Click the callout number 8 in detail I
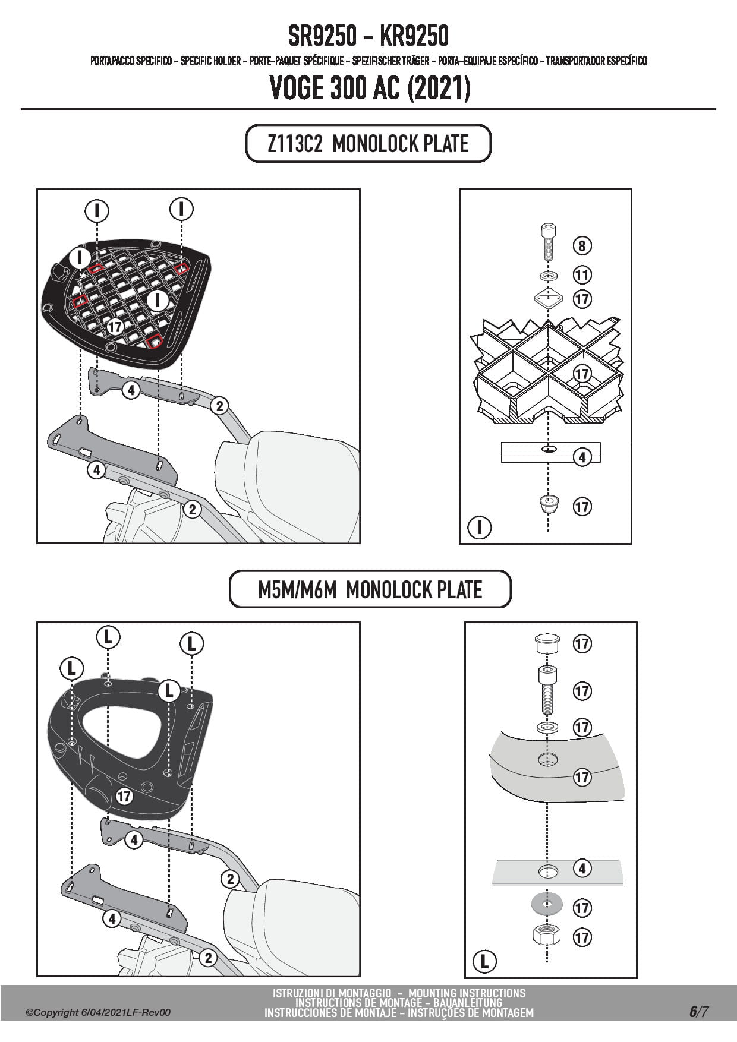click(x=582, y=245)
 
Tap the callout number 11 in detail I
click(x=582, y=274)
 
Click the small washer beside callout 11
click(x=548, y=276)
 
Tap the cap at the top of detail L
click(x=547, y=643)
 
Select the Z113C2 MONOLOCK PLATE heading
click(x=368, y=144)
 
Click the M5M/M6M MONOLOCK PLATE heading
click(x=370, y=590)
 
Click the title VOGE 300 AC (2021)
click(x=370, y=89)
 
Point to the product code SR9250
click(x=323, y=37)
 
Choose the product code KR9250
click(x=414, y=37)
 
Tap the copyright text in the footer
click(x=98, y=1012)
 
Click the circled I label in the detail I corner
click(x=479, y=527)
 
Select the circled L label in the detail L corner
click(x=484, y=961)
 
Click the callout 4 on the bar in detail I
click(x=582, y=457)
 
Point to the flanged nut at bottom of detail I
click(x=547, y=506)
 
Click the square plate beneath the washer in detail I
click(x=548, y=298)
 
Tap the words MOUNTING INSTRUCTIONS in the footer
click(x=467, y=993)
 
